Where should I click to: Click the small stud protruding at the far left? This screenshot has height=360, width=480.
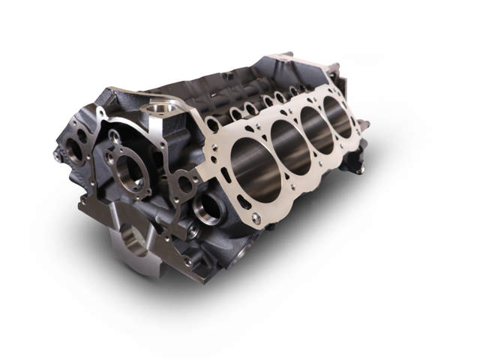coord(57,156)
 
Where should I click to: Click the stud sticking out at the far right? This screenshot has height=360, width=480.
coord(364,123)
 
